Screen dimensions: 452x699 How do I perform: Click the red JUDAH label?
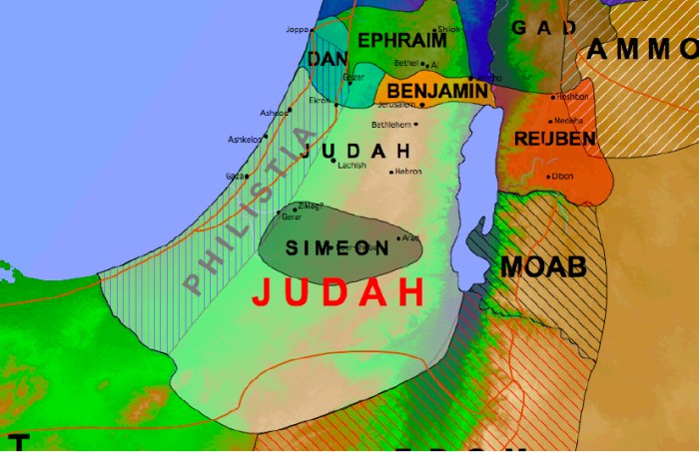click(x=339, y=292)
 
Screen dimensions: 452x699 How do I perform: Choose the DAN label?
click(x=328, y=60)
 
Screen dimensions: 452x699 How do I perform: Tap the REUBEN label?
click(x=553, y=138)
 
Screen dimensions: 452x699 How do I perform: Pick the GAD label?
click(x=544, y=27)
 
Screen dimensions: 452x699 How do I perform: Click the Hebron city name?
click(x=408, y=172)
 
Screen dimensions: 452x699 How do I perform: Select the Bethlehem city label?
click(x=391, y=125)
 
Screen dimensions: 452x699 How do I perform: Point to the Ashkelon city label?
click(x=245, y=140)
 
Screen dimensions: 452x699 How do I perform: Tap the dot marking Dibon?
click(x=548, y=177)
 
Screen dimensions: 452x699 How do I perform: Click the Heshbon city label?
click(x=572, y=97)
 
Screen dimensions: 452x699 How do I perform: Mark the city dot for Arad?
click(x=398, y=238)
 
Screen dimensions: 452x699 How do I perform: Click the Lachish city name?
click(x=352, y=165)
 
